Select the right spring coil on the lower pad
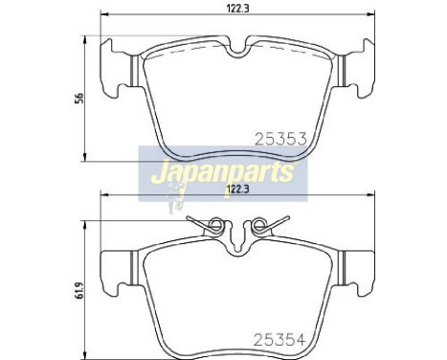tap(256, 228)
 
